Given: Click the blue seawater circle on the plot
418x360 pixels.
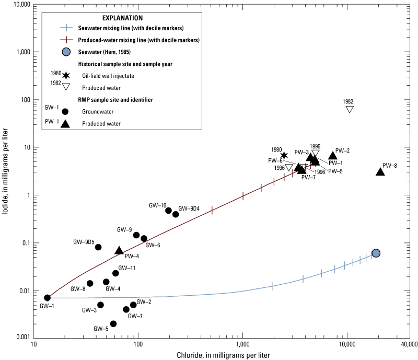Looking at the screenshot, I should (375, 253).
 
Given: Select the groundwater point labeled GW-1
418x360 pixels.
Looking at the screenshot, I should (48, 297).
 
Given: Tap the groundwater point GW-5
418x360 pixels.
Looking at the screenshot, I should (113, 323).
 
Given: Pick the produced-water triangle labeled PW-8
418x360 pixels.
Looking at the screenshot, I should (380, 171).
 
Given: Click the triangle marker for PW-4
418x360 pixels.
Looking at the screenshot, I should (119, 251).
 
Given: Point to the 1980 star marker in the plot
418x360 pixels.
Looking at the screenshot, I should (284, 155).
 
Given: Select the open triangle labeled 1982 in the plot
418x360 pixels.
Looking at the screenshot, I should (350, 109).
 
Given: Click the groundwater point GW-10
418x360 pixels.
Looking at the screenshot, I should (168, 211).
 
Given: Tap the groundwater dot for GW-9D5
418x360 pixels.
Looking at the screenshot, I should (98, 247).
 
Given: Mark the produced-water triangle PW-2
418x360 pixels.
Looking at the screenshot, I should (332, 155).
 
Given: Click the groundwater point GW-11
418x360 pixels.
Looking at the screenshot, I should (115, 273).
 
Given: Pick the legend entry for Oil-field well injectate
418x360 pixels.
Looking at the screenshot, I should (108, 76).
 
